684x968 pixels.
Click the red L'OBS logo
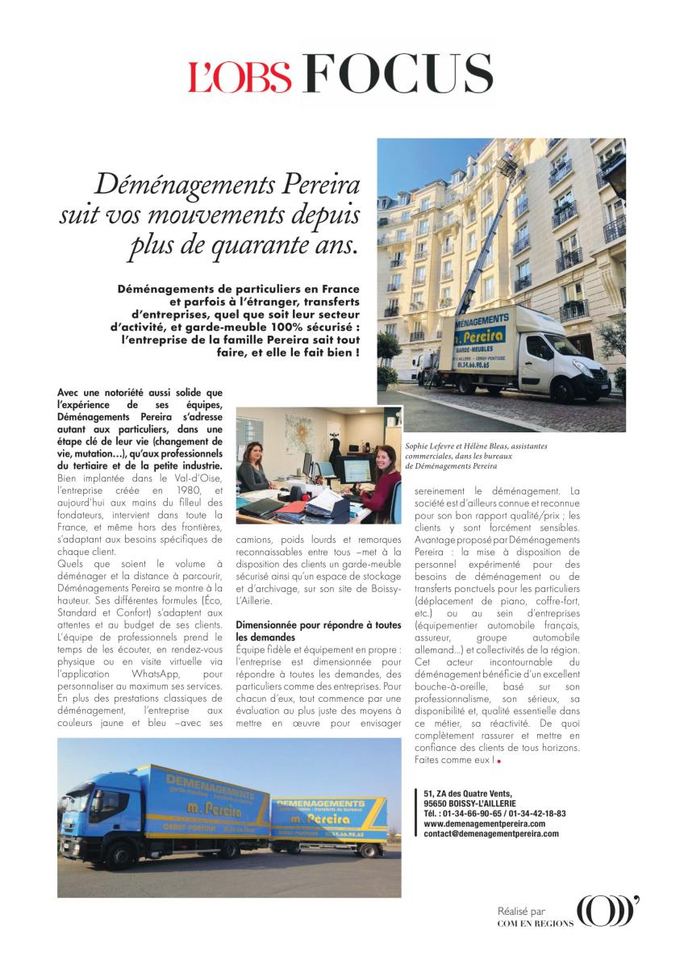(x=240, y=75)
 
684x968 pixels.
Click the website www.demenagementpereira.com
(x=484, y=824)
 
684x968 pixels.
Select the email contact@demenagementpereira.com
(x=490, y=834)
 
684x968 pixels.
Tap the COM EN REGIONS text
(x=535, y=924)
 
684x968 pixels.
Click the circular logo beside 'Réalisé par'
(x=606, y=912)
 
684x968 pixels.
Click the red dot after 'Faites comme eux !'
(x=499, y=761)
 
